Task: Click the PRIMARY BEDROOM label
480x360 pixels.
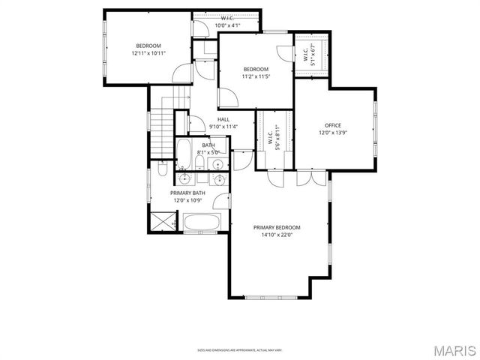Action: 276,227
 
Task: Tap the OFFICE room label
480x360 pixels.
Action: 332,125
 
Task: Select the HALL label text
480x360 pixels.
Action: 223,119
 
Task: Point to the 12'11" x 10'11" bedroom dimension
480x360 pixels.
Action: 148,53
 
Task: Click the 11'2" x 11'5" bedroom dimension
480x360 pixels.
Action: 255,76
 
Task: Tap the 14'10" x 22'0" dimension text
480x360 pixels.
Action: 276,235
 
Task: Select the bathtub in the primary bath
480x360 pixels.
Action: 202,222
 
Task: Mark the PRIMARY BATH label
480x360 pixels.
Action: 187,193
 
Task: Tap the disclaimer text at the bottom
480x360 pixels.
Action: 239,349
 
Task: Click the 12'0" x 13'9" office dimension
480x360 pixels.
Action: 332,133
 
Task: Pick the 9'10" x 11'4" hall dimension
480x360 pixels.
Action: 223,126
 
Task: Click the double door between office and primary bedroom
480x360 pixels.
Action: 312,178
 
